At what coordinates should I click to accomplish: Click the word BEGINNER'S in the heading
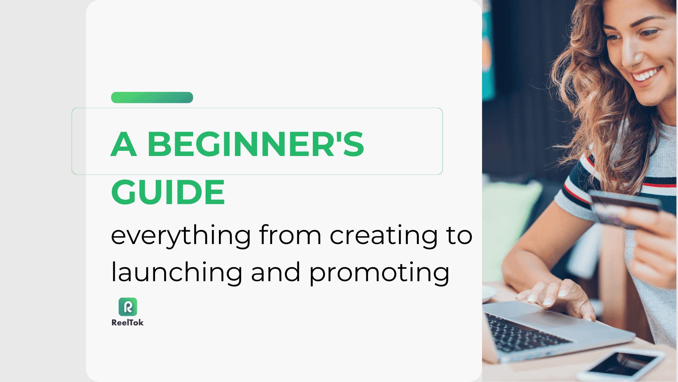click(x=255, y=144)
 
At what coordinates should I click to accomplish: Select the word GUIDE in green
click(x=168, y=192)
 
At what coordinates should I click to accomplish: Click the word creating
click(x=383, y=236)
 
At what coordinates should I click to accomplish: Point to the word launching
click(x=177, y=273)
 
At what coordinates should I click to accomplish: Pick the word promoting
click(x=379, y=273)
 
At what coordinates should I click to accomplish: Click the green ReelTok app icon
click(x=128, y=307)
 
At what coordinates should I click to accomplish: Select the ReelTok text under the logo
click(x=127, y=323)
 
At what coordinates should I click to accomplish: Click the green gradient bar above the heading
click(x=152, y=98)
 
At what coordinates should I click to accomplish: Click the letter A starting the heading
click(x=124, y=144)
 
